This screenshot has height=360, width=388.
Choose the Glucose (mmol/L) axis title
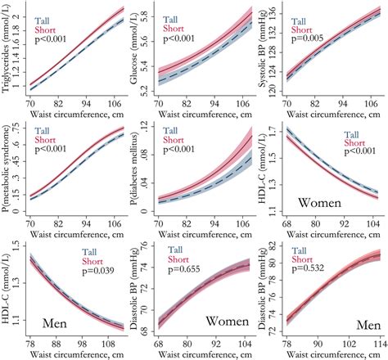[x=138, y=56]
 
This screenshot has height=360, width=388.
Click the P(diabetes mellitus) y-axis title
[x=138, y=175]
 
